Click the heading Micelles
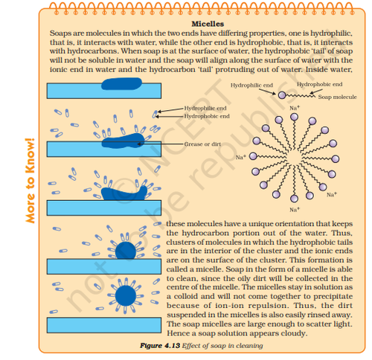point(208,24)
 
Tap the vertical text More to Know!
point(30,181)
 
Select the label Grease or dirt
point(202,144)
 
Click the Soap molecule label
point(337,97)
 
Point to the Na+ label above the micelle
point(295,108)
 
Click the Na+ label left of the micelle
point(240,157)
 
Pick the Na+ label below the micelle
point(295,210)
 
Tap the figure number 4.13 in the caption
point(171,346)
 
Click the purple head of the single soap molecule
point(282,95)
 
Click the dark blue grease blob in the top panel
point(121,83)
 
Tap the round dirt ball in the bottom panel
point(126,295)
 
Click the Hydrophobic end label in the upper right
point(319,84)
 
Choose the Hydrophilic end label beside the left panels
point(205,109)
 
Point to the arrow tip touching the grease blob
point(138,144)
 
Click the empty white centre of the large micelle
point(294,157)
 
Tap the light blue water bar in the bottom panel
point(104,325)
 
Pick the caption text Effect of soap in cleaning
point(222,346)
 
